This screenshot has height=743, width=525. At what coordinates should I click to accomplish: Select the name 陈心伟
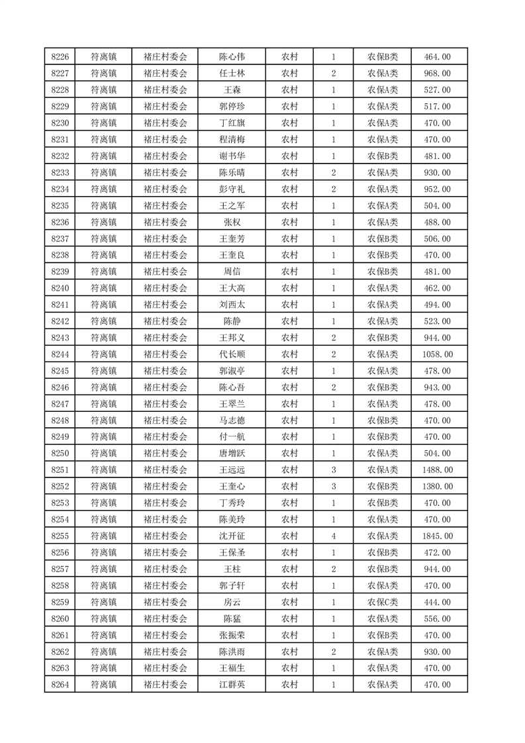232,57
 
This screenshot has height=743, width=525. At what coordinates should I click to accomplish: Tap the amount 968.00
437,74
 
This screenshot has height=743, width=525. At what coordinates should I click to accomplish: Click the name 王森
232,90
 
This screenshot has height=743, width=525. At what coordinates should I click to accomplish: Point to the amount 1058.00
437,354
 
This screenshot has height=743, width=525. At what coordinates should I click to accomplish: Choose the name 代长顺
232,354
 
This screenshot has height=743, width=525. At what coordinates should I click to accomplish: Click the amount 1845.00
437,536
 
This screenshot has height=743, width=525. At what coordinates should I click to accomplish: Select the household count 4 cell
333,536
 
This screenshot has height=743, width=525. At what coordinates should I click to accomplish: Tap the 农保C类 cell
383,603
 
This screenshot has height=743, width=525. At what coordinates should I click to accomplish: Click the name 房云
232,603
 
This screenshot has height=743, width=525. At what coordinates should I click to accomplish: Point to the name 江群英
232,685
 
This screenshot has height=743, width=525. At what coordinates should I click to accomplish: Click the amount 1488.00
437,470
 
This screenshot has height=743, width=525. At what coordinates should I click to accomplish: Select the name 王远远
232,470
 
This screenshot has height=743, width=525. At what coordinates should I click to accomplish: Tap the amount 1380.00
437,487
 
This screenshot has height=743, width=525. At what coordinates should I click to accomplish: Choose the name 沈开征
232,536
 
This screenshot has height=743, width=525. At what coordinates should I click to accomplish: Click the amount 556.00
437,619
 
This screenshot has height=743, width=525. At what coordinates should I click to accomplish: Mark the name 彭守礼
232,189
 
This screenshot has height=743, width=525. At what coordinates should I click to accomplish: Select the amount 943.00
437,387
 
